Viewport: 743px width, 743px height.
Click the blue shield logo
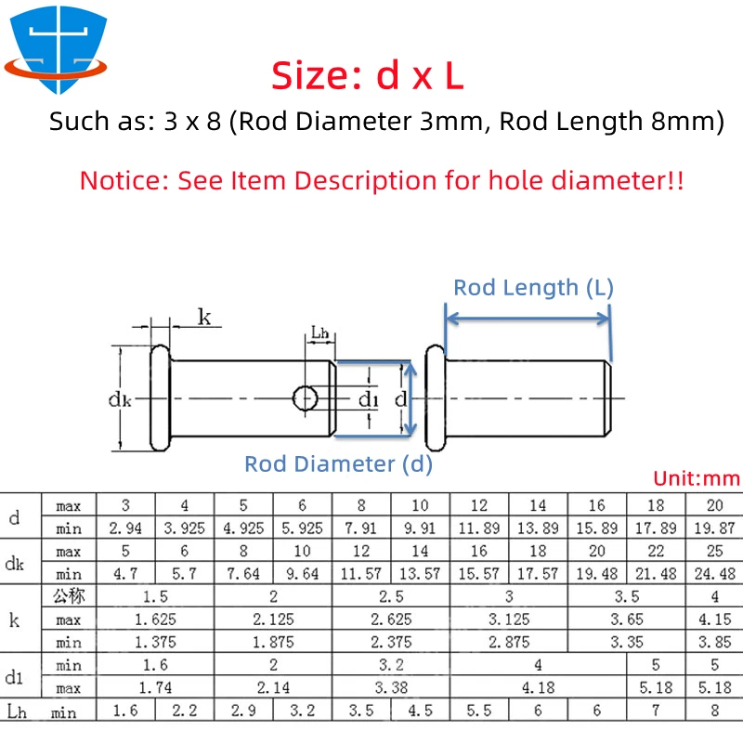tap(57, 47)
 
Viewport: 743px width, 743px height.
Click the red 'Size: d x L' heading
tap(367, 76)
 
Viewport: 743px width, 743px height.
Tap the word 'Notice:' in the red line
tap(124, 180)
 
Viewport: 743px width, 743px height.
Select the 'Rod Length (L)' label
tap(533, 288)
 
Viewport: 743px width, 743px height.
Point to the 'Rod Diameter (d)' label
tap(338, 463)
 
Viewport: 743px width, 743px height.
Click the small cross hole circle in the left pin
tap(305, 398)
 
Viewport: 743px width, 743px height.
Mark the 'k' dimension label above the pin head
tap(204, 317)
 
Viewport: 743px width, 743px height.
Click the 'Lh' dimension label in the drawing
tap(319, 332)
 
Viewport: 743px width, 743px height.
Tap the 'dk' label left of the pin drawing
tap(120, 400)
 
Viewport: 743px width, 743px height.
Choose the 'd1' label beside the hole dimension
tap(368, 399)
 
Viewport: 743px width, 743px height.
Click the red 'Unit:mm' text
tap(697, 478)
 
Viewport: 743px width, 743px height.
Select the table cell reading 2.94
tap(125, 528)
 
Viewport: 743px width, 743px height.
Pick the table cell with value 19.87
tap(714, 528)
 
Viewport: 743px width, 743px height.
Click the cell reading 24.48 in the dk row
tap(714, 574)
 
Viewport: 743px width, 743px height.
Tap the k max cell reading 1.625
tap(155, 619)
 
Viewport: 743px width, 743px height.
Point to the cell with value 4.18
tap(538, 687)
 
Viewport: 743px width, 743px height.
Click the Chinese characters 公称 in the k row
tap(69, 596)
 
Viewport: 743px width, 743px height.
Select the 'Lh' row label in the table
tap(17, 711)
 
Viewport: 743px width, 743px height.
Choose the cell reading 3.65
tap(626, 619)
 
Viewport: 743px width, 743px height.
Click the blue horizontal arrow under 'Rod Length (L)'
tap(528, 319)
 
